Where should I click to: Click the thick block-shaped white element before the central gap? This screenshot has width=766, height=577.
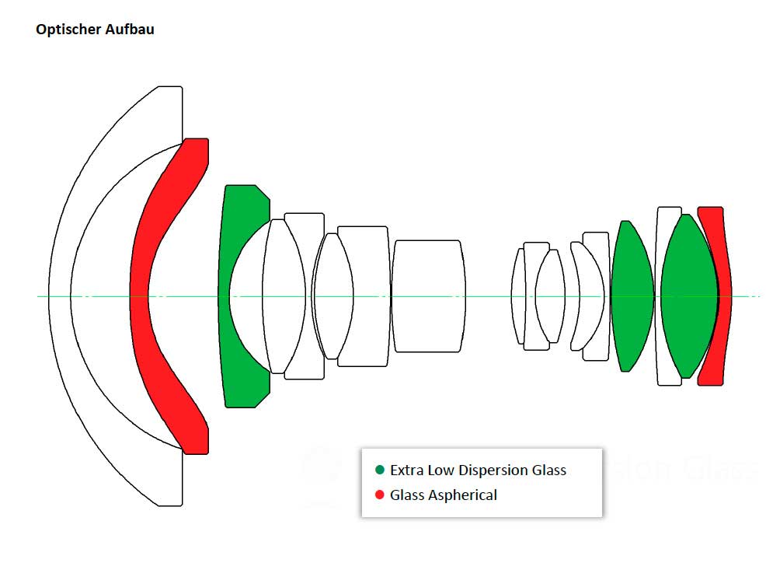coord(428,296)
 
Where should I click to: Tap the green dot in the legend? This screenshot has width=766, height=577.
coord(380,470)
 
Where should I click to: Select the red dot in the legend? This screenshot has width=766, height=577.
coord(380,495)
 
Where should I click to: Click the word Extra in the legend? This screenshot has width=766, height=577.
coord(406,470)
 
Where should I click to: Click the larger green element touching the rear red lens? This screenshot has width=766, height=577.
coord(688,296)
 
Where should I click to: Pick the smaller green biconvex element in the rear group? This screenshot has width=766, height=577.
coord(631,296)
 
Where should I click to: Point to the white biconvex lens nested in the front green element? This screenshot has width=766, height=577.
coord(284,296)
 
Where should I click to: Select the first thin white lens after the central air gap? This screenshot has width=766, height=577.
coord(518,296)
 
